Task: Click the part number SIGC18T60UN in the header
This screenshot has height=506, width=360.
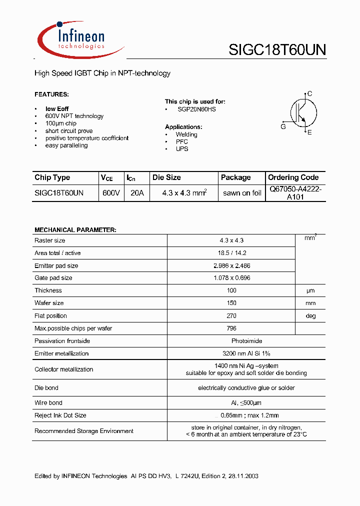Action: (277, 49)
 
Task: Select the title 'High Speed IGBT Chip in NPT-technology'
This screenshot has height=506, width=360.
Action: (102, 73)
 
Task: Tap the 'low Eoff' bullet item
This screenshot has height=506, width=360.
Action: (57, 109)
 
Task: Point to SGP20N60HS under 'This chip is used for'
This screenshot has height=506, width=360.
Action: (196, 109)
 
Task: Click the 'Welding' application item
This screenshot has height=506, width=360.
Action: (186, 134)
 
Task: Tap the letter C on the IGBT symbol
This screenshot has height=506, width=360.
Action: (310, 93)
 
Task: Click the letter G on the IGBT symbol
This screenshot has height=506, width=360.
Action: (283, 126)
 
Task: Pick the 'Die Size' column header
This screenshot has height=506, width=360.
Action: (166, 177)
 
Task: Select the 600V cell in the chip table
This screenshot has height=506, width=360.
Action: (111, 192)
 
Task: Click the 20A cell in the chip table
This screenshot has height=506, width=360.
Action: (136, 192)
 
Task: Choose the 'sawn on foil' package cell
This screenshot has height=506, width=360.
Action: (242, 193)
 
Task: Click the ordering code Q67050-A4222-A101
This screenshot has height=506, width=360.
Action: (295, 193)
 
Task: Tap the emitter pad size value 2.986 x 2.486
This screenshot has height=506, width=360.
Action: (231, 265)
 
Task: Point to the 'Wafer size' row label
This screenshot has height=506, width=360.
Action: (49, 303)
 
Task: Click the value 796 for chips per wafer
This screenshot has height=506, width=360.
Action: (231, 328)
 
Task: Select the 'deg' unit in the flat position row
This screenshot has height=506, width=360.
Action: (310, 316)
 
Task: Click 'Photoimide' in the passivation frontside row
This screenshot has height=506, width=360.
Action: (231, 341)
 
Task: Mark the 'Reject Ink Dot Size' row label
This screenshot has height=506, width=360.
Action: (60, 415)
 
